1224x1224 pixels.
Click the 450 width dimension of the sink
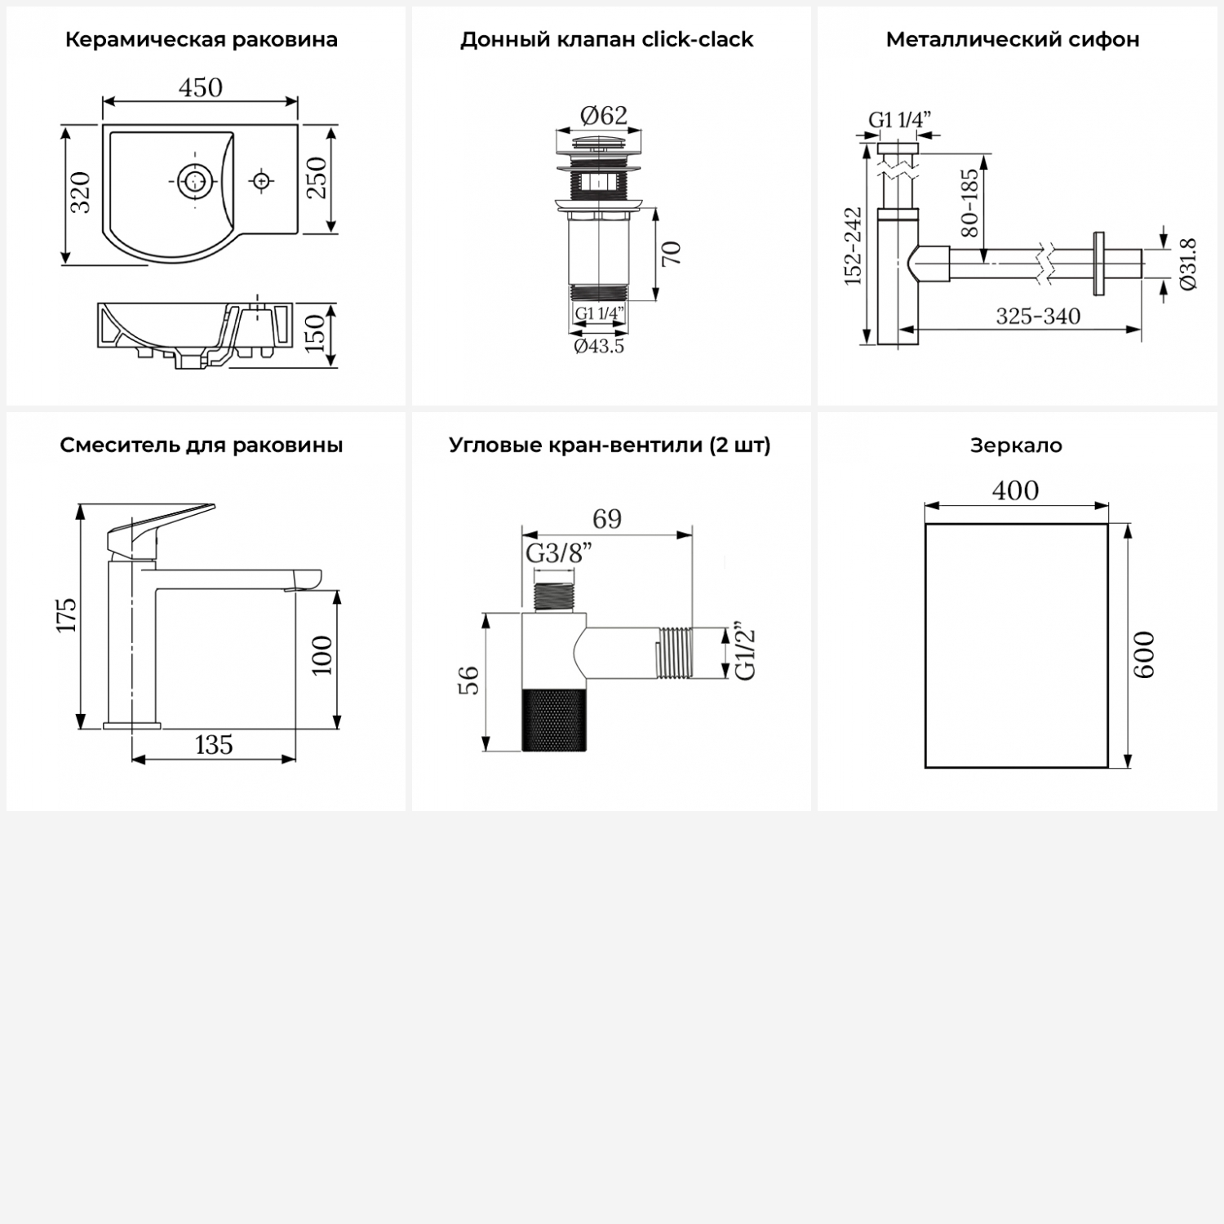coord(201,87)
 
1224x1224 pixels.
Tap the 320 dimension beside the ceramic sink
coord(80,193)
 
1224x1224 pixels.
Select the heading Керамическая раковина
coord(202,40)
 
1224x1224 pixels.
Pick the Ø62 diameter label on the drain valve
coord(604,116)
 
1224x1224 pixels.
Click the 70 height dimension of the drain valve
coord(671,254)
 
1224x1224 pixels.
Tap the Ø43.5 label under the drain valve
coord(599,346)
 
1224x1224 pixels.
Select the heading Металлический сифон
coord(1013,40)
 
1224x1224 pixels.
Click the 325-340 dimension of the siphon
coord(1038,317)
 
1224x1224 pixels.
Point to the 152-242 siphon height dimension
coord(853,246)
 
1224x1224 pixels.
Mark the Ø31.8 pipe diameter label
coord(1188,264)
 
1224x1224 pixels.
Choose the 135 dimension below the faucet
coord(214,745)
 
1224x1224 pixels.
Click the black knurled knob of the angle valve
coord(554,719)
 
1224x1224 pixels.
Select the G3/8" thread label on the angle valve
coord(559,554)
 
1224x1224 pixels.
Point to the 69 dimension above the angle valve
coord(607,519)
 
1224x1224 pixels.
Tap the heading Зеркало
coord(1016,446)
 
